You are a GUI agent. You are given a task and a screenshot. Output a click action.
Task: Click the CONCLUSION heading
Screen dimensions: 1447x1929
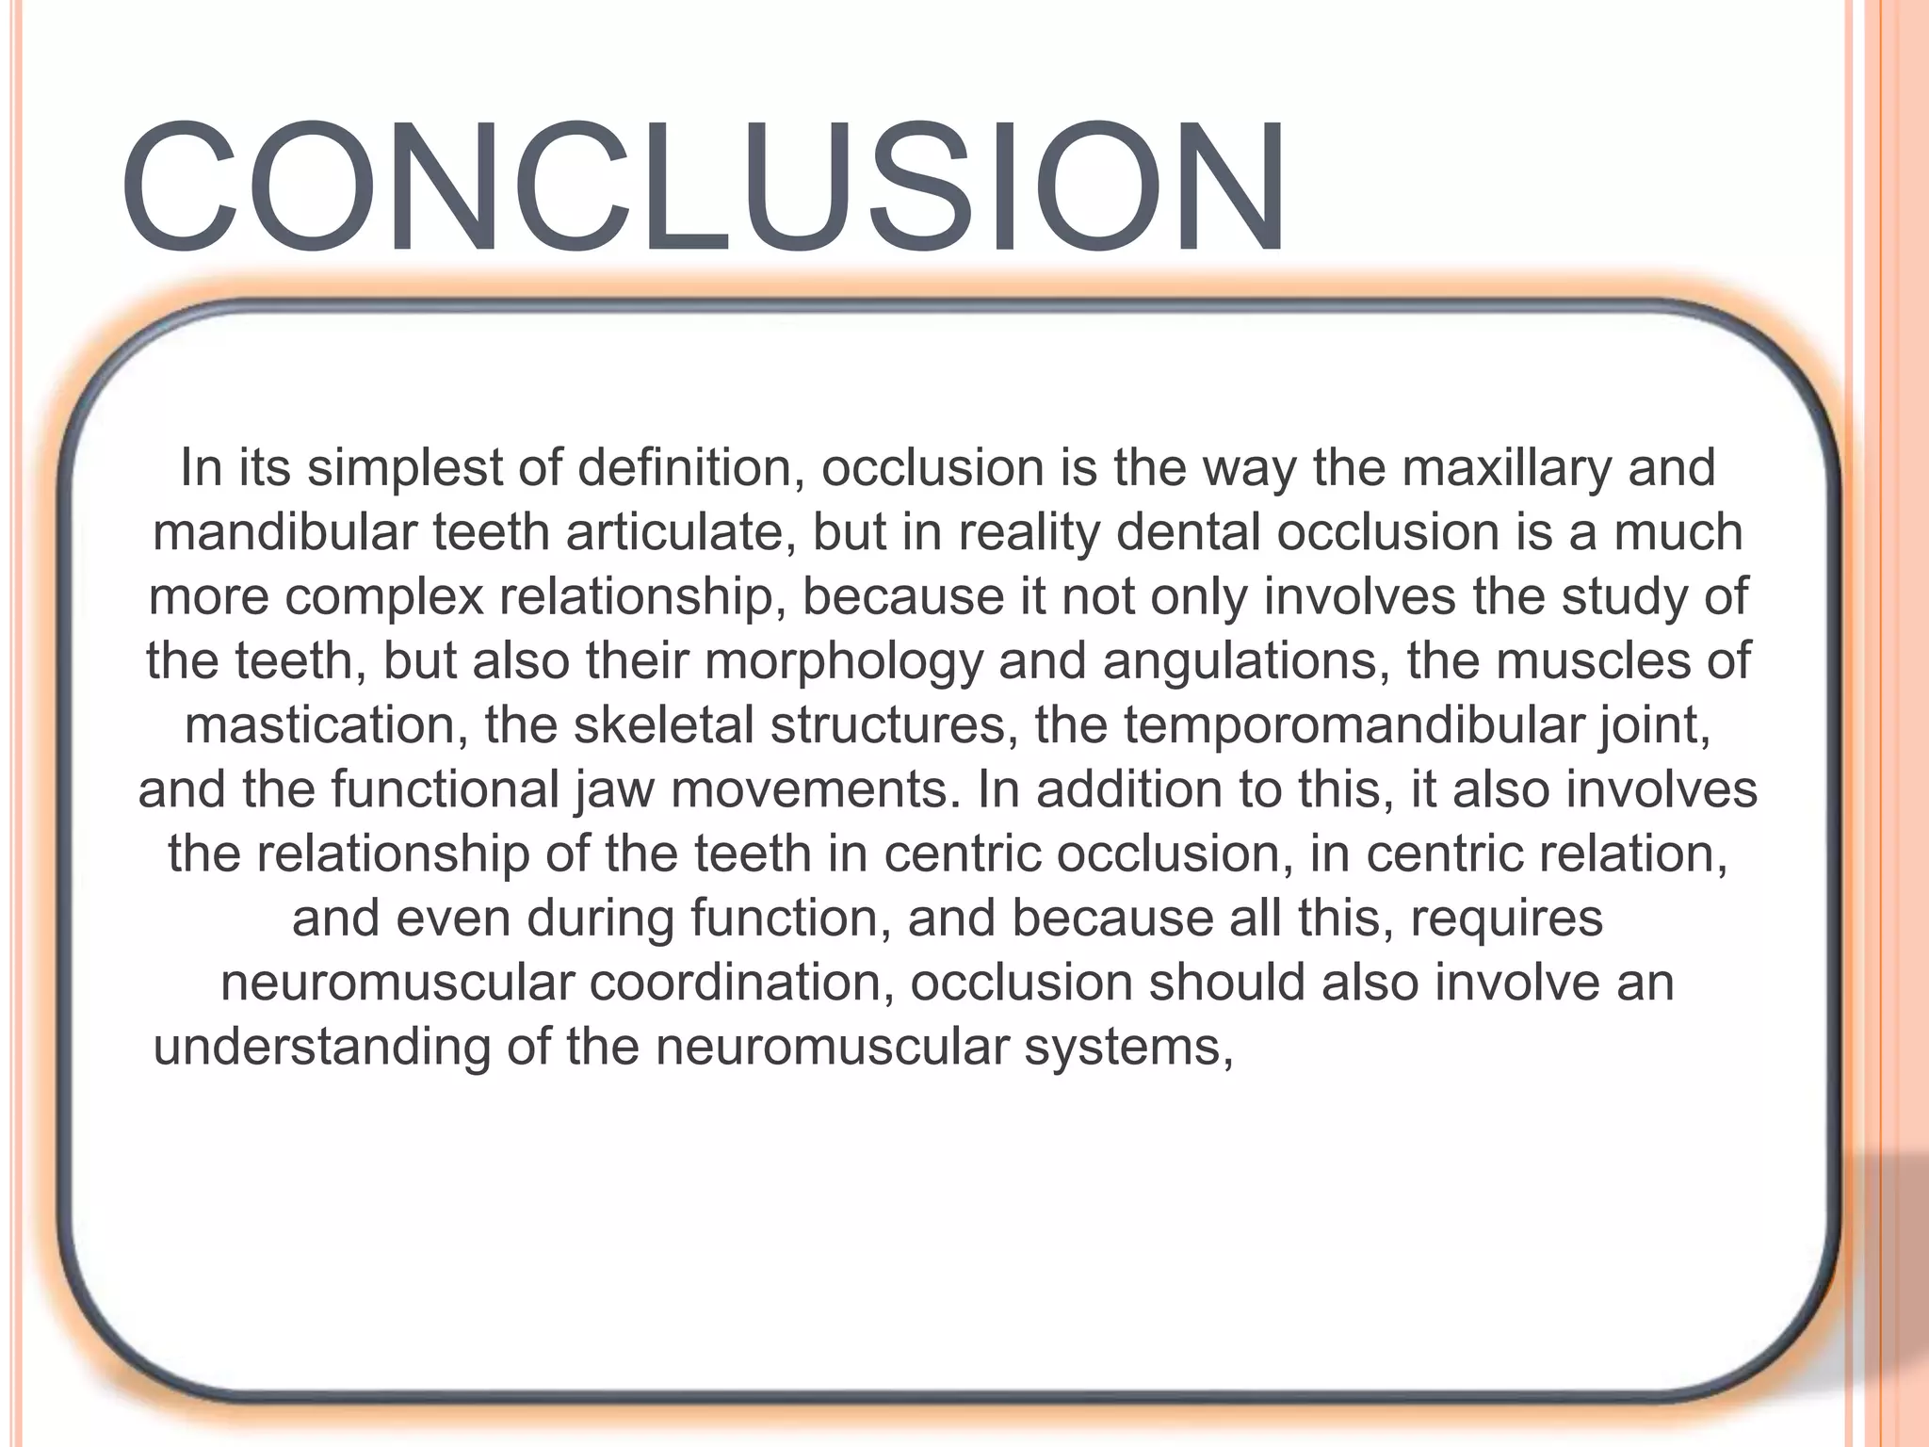[702, 188]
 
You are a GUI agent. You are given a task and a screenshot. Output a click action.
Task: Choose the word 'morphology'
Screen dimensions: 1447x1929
[843, 660]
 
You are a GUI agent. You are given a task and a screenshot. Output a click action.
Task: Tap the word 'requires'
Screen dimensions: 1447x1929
[1506, 919]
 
